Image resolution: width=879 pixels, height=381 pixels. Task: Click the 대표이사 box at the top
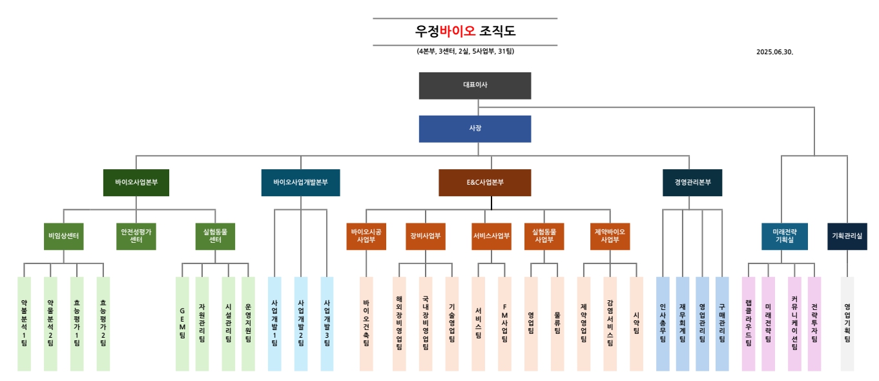(475, 85)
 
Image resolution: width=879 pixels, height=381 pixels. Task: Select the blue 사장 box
(475, 129)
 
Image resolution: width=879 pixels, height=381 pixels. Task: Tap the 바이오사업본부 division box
(141, 183)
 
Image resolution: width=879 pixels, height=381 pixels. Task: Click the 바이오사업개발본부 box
(300, 183)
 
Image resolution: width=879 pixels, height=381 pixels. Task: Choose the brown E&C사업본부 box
(484, 183)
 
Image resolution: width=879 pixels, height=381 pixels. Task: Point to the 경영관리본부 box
(692, 183)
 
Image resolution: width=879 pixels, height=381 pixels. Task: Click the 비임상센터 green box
(63, 236)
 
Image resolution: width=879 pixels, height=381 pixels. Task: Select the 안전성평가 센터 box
(136, 236)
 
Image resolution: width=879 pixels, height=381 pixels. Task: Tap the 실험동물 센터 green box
(215, 236)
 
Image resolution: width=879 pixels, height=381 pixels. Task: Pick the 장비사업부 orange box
(425, 236)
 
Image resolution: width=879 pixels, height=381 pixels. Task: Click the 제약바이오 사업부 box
(610, 236)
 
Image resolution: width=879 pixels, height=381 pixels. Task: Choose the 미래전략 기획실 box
(784, 236)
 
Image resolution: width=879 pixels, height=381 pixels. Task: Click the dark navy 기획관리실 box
(847, 236)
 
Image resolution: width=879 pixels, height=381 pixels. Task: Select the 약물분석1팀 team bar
(24, 324)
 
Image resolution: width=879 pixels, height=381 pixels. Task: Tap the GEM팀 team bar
(182, 324)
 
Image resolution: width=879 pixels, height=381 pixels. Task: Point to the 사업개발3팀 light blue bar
(327, 324)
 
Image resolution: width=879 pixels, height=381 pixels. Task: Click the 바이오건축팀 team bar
(366, 324)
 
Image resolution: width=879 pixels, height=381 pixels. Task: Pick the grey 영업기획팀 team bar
(847, 324)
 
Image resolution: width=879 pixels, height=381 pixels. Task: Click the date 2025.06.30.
(774, 52)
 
